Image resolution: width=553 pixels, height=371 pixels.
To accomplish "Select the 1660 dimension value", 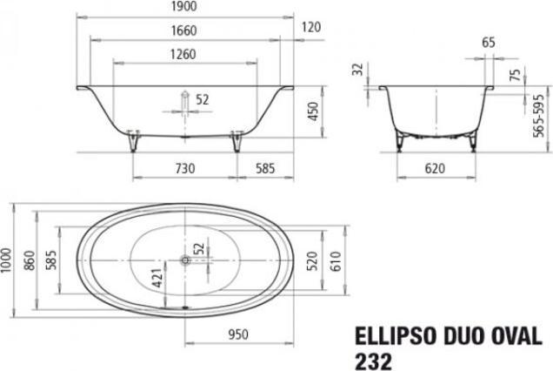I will (186, 31).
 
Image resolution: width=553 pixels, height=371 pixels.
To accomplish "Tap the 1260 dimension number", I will (184, 54).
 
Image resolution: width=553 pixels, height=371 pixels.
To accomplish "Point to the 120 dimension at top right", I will (310, 26).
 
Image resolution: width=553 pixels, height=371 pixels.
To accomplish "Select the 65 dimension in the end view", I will (488, 41).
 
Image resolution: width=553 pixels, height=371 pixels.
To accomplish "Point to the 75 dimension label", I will (516, 74).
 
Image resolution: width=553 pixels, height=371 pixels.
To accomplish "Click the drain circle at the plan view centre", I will (184, 259).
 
